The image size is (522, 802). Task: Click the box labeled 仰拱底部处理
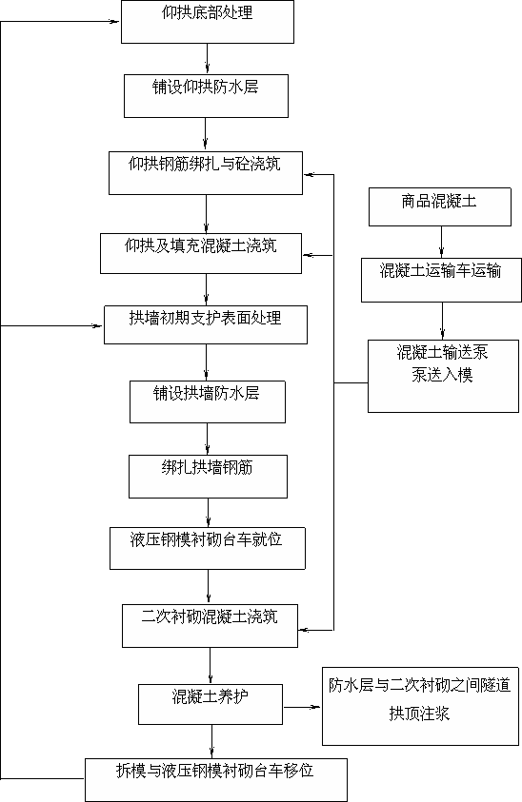pos(208,22)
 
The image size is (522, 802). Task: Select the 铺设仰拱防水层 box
pos(206,96)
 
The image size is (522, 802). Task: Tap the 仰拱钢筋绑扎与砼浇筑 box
pos(206,173)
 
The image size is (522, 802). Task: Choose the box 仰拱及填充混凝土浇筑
pos(201,254)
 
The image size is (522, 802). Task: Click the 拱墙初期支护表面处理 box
pos(206,324)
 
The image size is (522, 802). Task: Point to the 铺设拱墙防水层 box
pos(208,402)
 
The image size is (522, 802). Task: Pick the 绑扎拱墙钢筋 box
pos(208,477)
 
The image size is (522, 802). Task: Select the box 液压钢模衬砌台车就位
pos(208,549)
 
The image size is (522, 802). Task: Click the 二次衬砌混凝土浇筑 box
pos(210,626)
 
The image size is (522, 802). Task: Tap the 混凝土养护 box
pos(211,705)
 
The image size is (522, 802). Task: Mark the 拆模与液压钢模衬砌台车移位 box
pos(216,780)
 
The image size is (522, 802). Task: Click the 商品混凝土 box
pos(440,206)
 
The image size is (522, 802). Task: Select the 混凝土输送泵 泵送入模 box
pos(443,376)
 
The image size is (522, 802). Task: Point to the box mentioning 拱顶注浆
pos(421,706)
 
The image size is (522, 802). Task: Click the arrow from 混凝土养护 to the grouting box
pos(302,708)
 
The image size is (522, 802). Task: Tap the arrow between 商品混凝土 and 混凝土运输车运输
pos(442,242)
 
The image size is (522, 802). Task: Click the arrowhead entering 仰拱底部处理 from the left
pos(113,22)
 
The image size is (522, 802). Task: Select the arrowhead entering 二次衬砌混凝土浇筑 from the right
pos(305,630)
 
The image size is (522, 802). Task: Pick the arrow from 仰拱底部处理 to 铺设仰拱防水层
pos(207,59)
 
